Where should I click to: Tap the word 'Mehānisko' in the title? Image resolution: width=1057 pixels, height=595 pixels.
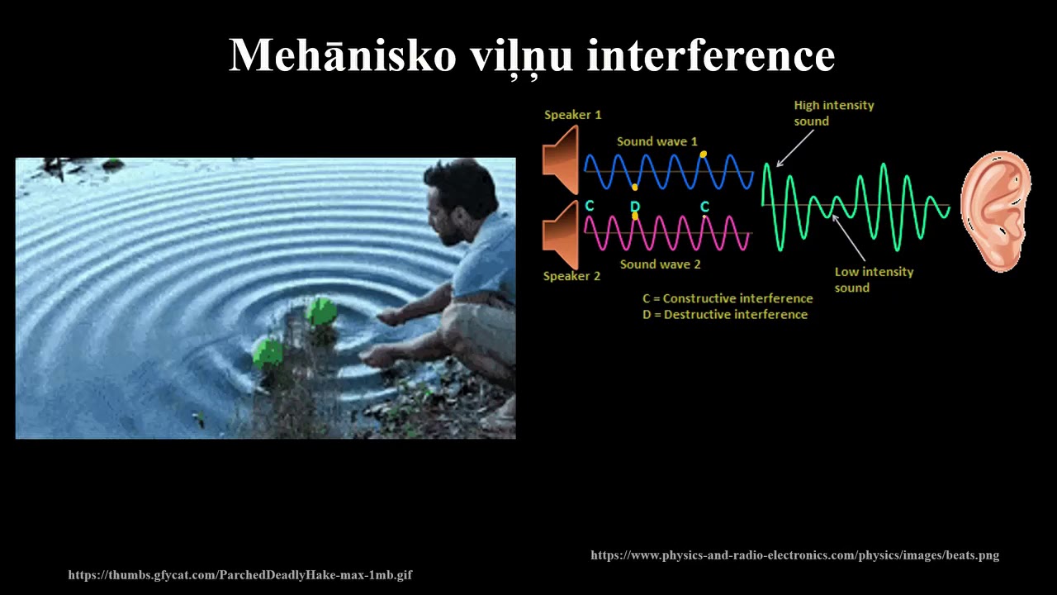[342, 55]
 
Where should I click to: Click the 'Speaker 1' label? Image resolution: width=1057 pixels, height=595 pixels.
[572, 115]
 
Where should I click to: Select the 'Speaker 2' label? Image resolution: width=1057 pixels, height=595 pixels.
[571, 276]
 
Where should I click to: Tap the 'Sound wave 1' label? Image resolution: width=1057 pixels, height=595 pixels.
[656, 141]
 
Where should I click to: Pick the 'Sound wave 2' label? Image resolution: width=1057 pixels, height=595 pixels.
[660, 264]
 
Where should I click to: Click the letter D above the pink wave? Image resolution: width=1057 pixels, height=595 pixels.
[634, 206]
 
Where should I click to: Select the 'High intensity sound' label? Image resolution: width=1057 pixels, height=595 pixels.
[833, 113]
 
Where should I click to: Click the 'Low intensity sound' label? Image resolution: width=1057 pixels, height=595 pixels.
[874, 279]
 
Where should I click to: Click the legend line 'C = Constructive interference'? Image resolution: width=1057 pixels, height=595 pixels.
[728, 298]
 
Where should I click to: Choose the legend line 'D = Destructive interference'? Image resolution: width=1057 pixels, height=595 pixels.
[725, 315]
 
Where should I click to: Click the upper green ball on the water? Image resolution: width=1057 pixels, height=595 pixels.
[320, 312]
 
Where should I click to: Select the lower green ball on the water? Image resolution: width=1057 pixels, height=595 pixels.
[268, 354]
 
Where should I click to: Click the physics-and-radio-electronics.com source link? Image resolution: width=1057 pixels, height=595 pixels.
[794, 555]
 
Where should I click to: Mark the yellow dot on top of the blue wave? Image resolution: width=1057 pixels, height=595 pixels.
[703, 155]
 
